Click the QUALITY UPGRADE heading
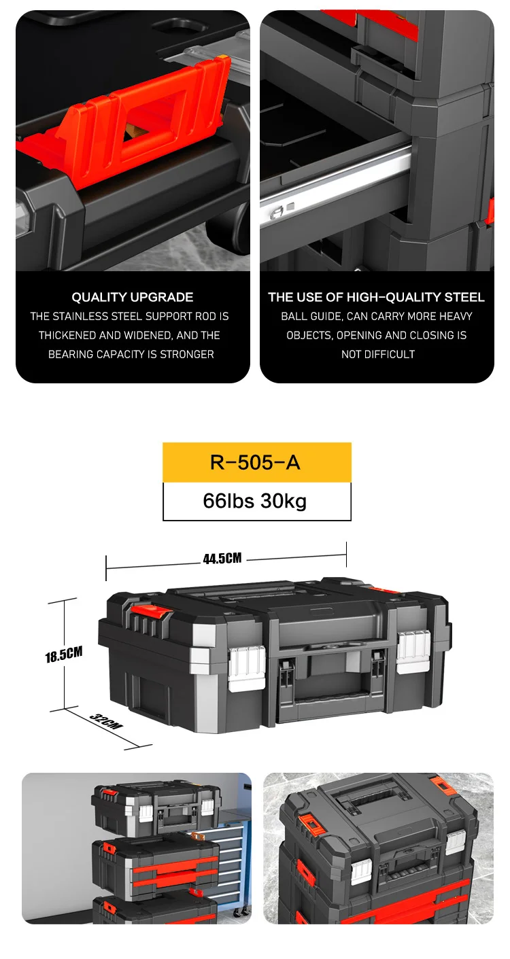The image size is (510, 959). pyautogui.click(x=133, y=297)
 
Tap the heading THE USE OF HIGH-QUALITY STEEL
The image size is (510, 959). pyautogui.click(x=377, y=297)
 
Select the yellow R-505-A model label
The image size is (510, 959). pyautogui.click(x=257, y=462)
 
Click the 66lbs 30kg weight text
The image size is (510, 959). pyautogui.click(x=255, y=501)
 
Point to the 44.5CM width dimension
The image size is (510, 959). pyautogui.click(x=222, y=558)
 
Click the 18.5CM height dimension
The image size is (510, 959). pyautogui.click(x=64, y=655)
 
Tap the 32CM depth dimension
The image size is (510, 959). pyautogui.click(x=106, y=721)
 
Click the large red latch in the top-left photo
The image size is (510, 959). pyautogui.click(x=141, y=124)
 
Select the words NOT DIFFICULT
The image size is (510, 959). pyautogui.click(x=378, y=354)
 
